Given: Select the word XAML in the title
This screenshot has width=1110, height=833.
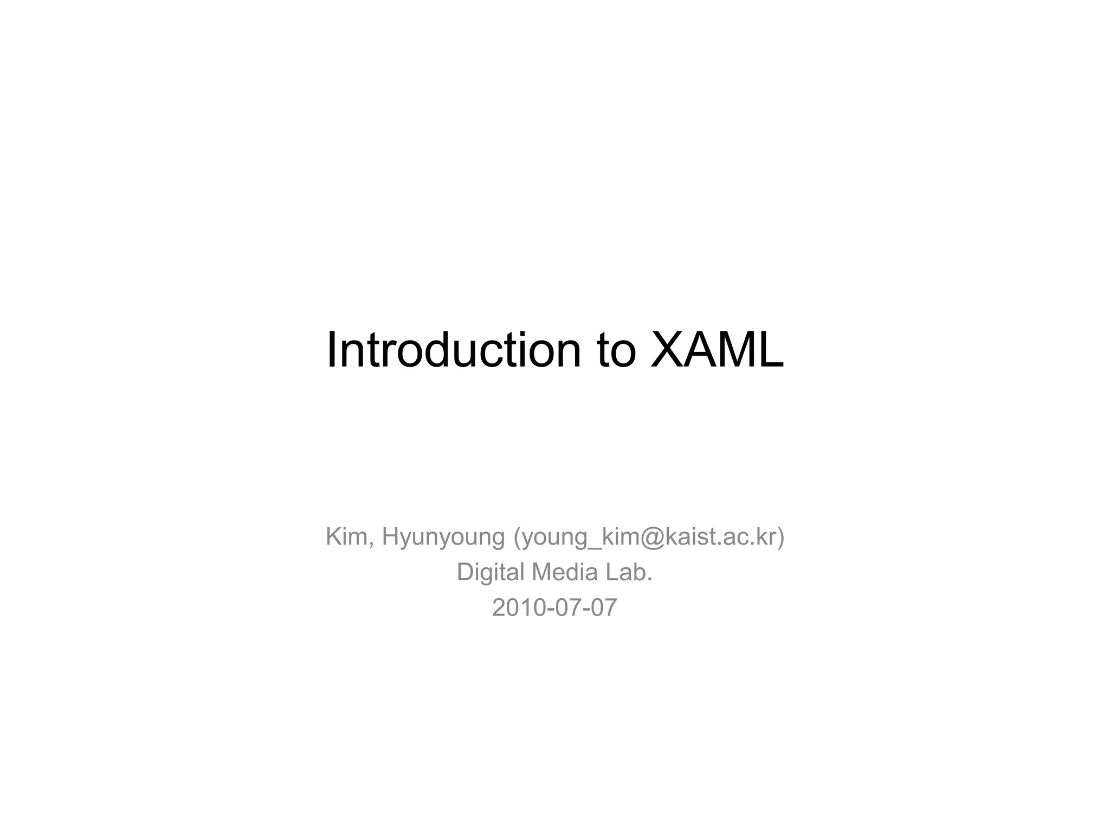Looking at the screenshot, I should [x=717, y=350].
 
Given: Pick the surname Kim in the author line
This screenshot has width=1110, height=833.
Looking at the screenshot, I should [x=347, y=537].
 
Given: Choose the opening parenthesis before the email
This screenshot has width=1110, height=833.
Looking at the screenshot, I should [x=517, y=538].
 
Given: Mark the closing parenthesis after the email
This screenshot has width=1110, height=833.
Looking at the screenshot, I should [x=781, y=538].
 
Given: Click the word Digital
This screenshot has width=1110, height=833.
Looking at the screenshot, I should [x=491, y=573].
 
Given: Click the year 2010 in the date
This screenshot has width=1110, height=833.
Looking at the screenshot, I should [x=519, y=608].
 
